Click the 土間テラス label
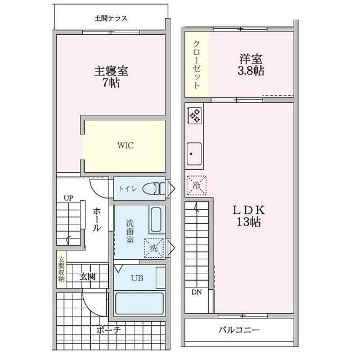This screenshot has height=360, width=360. pos(111,18)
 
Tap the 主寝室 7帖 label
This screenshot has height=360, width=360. pos(111,77)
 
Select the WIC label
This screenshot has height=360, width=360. pos(125,145)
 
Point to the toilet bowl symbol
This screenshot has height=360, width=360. pos(152,188)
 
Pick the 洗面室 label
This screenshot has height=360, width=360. pos(130,231)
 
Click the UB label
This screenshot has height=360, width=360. pos(137,278)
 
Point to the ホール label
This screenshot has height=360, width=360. pos(97,219)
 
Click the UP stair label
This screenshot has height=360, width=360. pos(68,198)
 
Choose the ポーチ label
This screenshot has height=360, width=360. pos(108,330)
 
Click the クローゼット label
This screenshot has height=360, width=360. pos(196,65)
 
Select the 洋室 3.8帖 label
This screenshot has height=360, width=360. pos(251,65)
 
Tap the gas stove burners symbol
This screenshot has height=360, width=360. pos(195,115)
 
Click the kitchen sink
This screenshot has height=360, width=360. pos(195,152)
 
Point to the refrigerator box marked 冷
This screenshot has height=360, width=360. pos(196,185)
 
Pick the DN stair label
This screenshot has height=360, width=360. pos(196,292)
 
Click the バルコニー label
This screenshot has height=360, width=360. pos(239,330)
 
